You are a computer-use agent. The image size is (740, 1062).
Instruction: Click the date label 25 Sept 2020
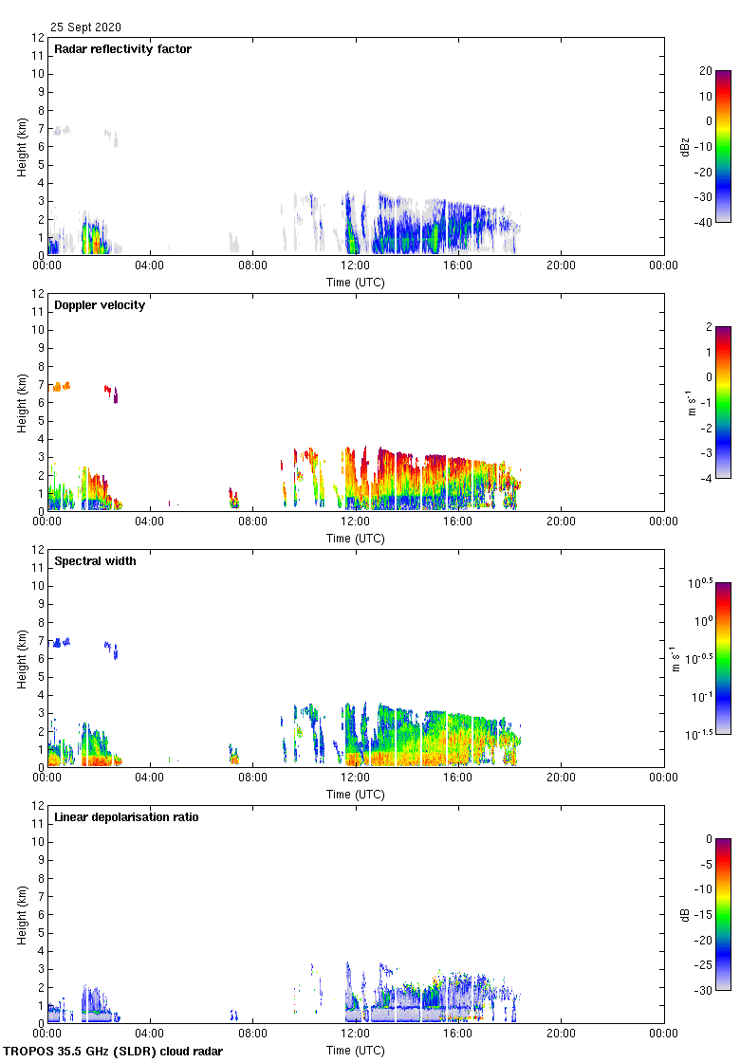(x=85, y=27)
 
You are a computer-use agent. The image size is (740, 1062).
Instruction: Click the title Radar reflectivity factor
(x=122, y=49)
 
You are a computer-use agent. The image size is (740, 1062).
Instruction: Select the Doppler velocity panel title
(x=100, y=305)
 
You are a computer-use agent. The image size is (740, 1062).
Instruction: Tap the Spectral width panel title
(x=95, y=561)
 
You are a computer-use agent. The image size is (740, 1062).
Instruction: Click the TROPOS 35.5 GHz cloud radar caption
(x=114, y=1052)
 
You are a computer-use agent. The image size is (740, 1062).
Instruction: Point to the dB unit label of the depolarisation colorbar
(x=684, y=915)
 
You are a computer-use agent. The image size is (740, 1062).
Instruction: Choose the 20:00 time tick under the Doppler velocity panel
(x=561, y=522)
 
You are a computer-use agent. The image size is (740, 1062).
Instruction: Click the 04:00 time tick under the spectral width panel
(x=150, y=778)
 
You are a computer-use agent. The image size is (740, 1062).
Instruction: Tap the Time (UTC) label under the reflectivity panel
(x=356, y=283)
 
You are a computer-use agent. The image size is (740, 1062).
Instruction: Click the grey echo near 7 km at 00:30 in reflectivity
(x=62, y=130)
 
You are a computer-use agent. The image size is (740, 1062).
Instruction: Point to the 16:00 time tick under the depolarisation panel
(x=458, y=1034)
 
